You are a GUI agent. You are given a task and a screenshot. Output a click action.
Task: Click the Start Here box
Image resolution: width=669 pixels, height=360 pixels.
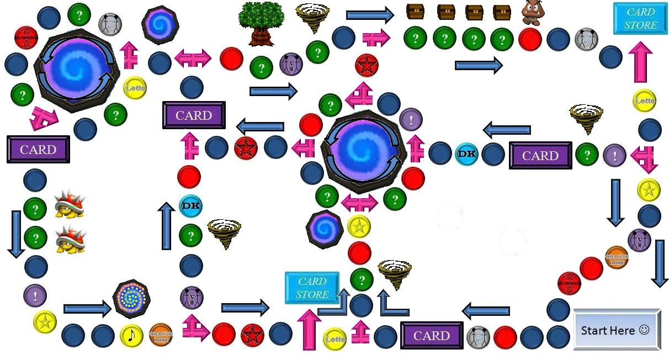coord(617,330)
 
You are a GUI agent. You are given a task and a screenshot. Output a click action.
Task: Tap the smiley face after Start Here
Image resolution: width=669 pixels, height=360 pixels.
coord(644,330)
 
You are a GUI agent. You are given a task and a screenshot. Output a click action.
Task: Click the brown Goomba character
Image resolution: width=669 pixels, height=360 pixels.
coord(534,12)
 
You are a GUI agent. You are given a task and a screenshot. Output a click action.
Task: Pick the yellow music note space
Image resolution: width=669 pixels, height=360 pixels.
coord(131,335)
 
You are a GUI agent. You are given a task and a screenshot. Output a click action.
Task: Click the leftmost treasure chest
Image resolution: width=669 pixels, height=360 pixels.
coord(415,12)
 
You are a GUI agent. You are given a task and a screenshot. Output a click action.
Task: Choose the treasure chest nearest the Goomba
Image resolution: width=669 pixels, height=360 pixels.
coord(502,12)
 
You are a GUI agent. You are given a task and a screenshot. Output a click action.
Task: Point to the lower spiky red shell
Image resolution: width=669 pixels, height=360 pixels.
coord(70,239)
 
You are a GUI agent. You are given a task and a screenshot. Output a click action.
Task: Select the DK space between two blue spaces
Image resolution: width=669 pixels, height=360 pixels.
coord(466,154)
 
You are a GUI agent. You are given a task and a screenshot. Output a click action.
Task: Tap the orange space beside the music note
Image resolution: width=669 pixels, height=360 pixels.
coord(161,335)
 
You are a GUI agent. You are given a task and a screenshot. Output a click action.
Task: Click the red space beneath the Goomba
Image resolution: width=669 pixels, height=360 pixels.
coord(530,39)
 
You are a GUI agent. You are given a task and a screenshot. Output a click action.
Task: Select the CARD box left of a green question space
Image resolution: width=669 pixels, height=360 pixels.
coord(540,155)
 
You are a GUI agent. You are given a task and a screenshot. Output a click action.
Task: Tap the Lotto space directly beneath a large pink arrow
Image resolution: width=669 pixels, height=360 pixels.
coord(644,101)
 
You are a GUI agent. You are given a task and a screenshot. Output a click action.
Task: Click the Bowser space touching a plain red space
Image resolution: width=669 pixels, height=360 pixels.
coord(569,283)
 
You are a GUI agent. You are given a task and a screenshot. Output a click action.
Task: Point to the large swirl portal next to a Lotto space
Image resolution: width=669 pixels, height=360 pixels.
coord(76,69)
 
